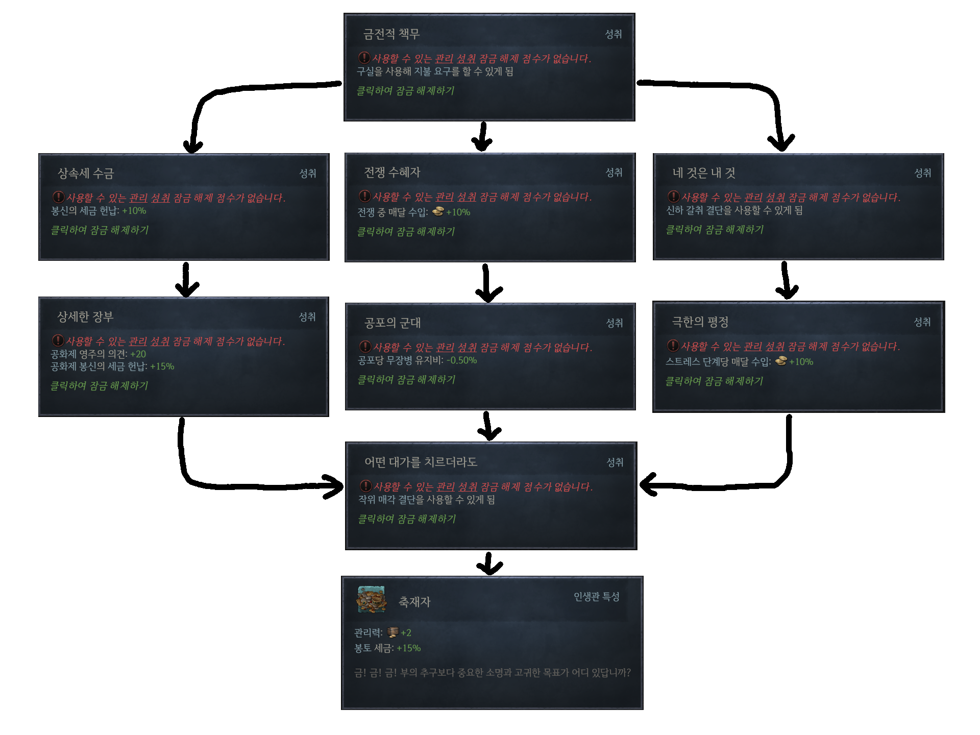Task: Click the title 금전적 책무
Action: [x=391, y=34]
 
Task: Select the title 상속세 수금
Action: [x=85, y=174]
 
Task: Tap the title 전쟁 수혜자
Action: [x=391, y=173]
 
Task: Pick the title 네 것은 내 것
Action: [x=704, y=173]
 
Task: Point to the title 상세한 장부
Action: [x=85, y=317]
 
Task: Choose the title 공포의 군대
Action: [x=392, y=323]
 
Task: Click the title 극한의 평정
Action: [x=700, y=322]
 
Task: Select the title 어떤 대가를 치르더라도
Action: [x=420, y=462]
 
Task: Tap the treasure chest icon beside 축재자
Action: [x=371, y=599]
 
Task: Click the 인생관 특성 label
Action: [x=596, y=597]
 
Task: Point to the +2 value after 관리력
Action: [x=406, y=633]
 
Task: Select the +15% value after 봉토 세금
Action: [x=408, y=648]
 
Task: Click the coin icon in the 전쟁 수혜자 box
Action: [x=437, y=211]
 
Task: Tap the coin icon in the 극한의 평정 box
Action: [x=780, y=361]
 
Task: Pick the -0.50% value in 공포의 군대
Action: [x=461, y=360]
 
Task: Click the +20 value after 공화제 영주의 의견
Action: [x=138, y=354]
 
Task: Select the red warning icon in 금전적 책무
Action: [x=364, y=58]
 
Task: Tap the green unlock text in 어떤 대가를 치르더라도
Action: [x=406, y=519]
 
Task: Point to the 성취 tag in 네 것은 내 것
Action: [x=922, y=173]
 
